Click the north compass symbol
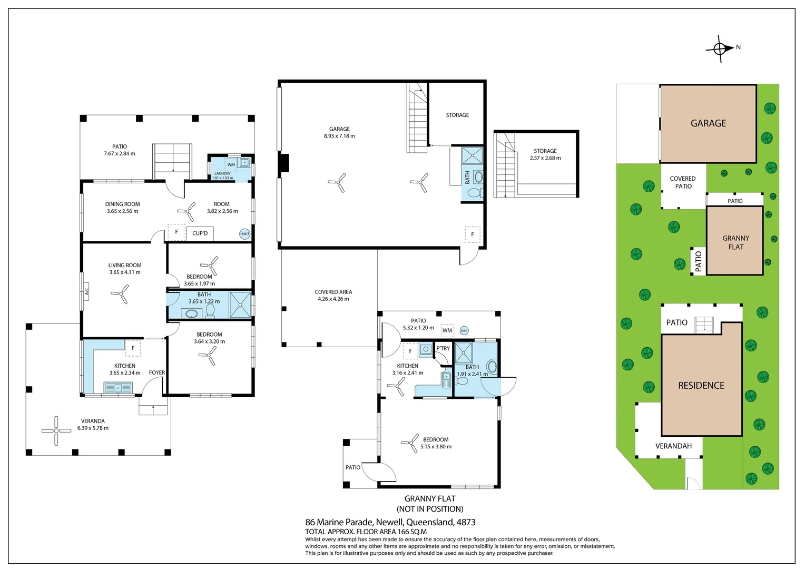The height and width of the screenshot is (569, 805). point(720,48)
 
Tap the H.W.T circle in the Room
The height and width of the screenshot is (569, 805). point(244,234)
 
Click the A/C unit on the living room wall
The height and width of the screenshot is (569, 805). point(86,291)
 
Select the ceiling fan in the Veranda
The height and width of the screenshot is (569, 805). point(56,430)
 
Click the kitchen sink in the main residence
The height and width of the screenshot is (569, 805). point(119,388)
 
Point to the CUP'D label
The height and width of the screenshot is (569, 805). point(200,233)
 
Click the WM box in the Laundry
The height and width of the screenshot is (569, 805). point(231,165)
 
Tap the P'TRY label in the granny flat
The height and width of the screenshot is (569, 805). point(443,348)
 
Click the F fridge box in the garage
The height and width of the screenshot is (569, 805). point(473,234)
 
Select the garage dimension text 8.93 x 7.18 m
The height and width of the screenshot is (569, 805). point(339,136)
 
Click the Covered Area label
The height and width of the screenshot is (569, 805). point(333,292)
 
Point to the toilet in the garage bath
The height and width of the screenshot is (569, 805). point(474,193)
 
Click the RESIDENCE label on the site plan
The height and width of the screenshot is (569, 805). point(701,386)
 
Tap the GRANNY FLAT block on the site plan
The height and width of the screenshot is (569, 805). point(735,242)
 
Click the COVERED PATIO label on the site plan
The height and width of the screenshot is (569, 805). point(683,182)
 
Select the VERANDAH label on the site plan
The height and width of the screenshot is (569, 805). point(673,446)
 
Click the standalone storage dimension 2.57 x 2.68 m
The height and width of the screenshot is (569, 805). point(545,158)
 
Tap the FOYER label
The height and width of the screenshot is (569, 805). point(156,372)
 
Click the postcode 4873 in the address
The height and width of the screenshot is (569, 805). point(466,522)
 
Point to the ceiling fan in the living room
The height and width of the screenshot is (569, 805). point(120,294)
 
